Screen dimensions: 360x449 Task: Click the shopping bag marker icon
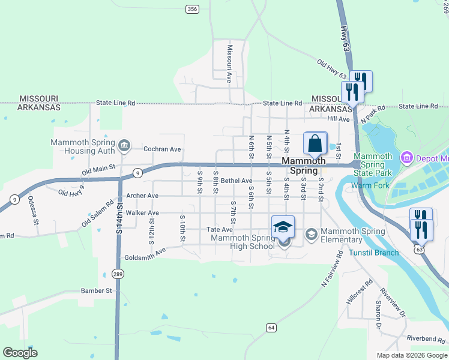point(315,144)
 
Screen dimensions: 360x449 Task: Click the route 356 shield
point(192,8)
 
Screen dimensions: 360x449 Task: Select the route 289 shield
point(118,274)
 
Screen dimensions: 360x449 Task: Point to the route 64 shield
point(271,328)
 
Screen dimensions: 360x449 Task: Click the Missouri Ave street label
point(229,62)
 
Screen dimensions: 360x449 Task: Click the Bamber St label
point(97,290)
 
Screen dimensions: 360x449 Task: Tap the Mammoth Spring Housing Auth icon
point(124,145)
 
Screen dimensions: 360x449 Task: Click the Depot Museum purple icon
point(406,157)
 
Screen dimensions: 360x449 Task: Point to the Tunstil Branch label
point(373,253)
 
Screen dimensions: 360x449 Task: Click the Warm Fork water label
point(370,185)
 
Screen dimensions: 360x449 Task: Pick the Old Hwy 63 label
point(332,69)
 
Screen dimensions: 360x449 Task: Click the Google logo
point(20,353)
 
